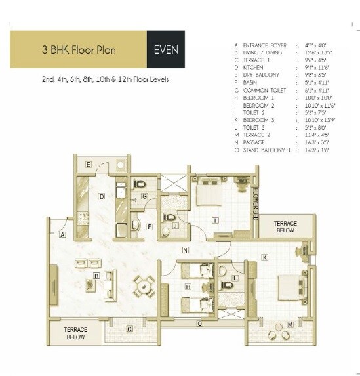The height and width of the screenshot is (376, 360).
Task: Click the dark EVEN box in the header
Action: pyautogui.click(x=165, y=49)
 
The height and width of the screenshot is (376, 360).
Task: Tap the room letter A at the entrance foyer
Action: pyautogui.click(x=62, y=234)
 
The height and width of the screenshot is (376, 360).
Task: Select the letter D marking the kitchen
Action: pyautogui.click(x=102, y=196)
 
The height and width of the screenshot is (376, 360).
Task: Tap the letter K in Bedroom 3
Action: pyautogui.click(x=264, y=257)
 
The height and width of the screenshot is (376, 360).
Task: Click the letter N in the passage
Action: pyautogui.click(x=186, y=250)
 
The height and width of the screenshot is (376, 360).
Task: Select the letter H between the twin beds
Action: pyautogui.click(x=188, y=287)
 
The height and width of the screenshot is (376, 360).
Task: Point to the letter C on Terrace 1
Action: pyautogui.click(x=129, y=328)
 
